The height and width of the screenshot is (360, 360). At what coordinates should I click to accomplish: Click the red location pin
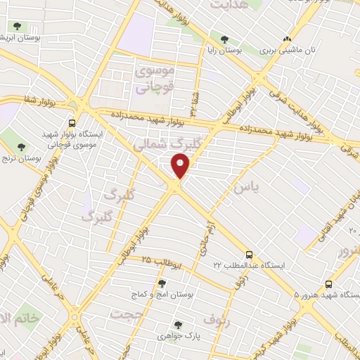coord(181,167)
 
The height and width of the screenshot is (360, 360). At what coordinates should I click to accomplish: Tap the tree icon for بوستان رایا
coord(225,39)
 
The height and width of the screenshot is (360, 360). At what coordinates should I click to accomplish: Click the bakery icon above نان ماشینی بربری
coord(286,39)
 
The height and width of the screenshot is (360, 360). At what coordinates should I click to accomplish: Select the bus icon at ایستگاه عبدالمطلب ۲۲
coord(249,255)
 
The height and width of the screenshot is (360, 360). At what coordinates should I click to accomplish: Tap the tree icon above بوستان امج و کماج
coord(162,283)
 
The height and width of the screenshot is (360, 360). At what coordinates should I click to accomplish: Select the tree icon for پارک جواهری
coord(178,326)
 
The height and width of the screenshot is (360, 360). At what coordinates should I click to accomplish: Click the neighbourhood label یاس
coord(241,188)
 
